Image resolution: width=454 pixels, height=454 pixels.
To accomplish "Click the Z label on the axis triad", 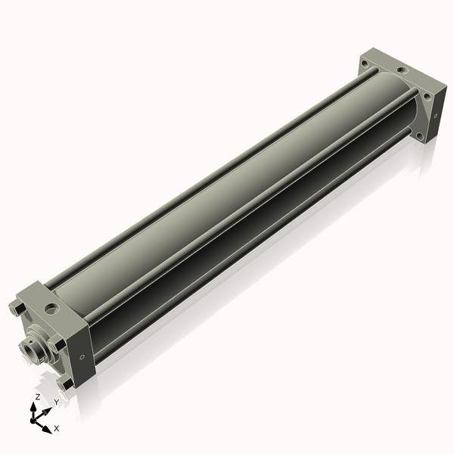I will click(37, 396).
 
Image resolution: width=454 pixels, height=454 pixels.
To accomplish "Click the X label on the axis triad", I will click(56, 429).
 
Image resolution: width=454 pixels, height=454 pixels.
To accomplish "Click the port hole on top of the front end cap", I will click(51, 309).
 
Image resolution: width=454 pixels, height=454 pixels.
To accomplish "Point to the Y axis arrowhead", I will click(48, 409).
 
